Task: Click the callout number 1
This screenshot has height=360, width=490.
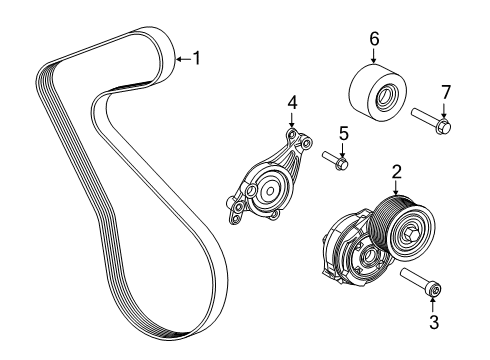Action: point(196,58)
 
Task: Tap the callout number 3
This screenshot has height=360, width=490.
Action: point(434,322)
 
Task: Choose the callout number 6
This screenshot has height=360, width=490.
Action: point(375,39)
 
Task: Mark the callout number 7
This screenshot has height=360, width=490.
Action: point(446,92)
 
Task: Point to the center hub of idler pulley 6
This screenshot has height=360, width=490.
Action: point(383,99)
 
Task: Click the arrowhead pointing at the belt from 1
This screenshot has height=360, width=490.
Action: point(177,59)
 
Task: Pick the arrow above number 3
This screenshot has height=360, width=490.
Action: point(434,300)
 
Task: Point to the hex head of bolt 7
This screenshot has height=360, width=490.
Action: point(444,126)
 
